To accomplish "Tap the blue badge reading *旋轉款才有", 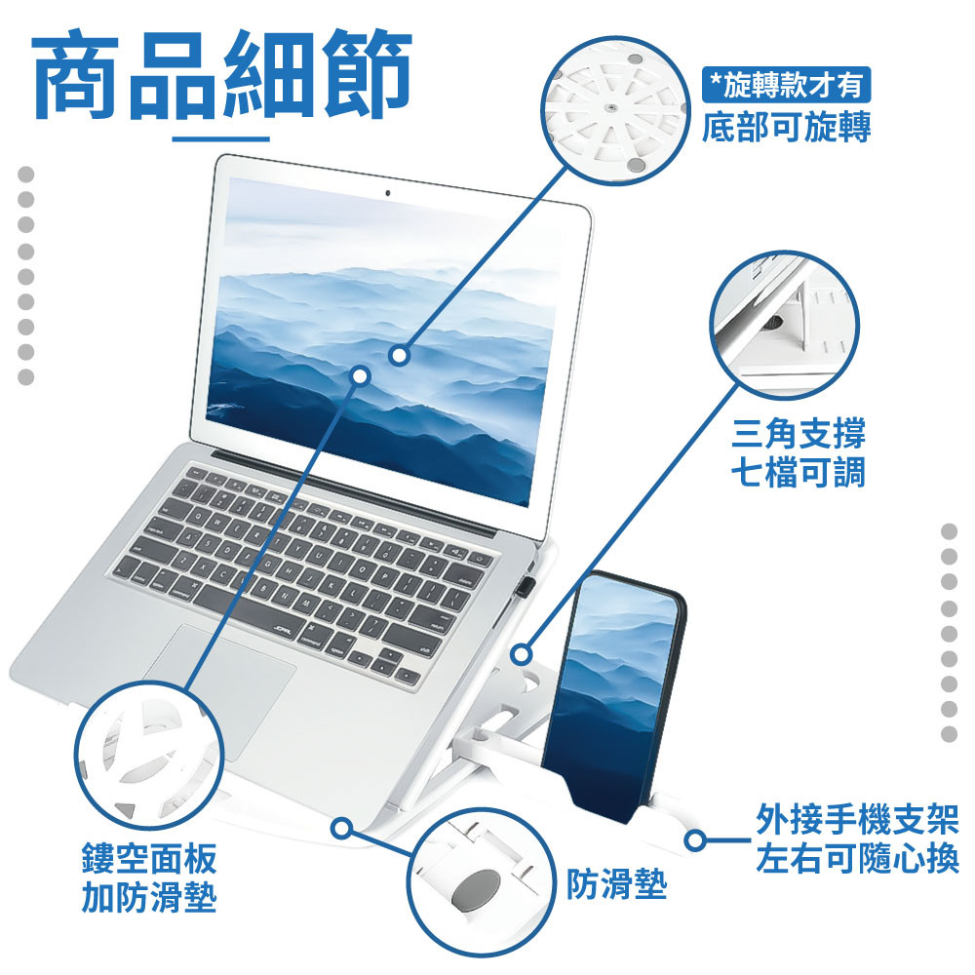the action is pyautogui.click(x=786, y=85).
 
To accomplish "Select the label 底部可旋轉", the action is pyautogui.click(x=786, y=127).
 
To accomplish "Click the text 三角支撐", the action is pyautogui.click(x=799, y=433).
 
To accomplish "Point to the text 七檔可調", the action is pyautogui.click(x=799, y=473).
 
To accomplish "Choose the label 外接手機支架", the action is pyautogui.click(x=857, y=819).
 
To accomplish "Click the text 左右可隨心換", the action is pyautogui.click(x=857, y=859).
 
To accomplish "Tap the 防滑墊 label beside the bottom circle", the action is pyautogui.click(x=616, y=883).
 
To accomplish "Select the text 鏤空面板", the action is pyautogui.click(x=149, y=859).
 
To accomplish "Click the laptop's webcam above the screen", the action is pyautogui.click(x=388, y=193).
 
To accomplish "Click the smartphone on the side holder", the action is pyautogui.click(x=612, y=696).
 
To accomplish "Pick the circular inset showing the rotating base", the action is pyautogui.click(x=616, y=111).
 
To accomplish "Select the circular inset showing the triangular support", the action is pyautogui.click(x=784, y=326).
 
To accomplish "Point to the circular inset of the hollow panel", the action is pyautogui.click(x=149, y=756).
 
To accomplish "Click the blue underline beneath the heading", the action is pyautogui.click(x=220, y=138).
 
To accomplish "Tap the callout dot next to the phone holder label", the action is pyautogui.click(x=696, y=840).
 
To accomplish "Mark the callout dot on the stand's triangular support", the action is pyautogui.click(x=523, y=653).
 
